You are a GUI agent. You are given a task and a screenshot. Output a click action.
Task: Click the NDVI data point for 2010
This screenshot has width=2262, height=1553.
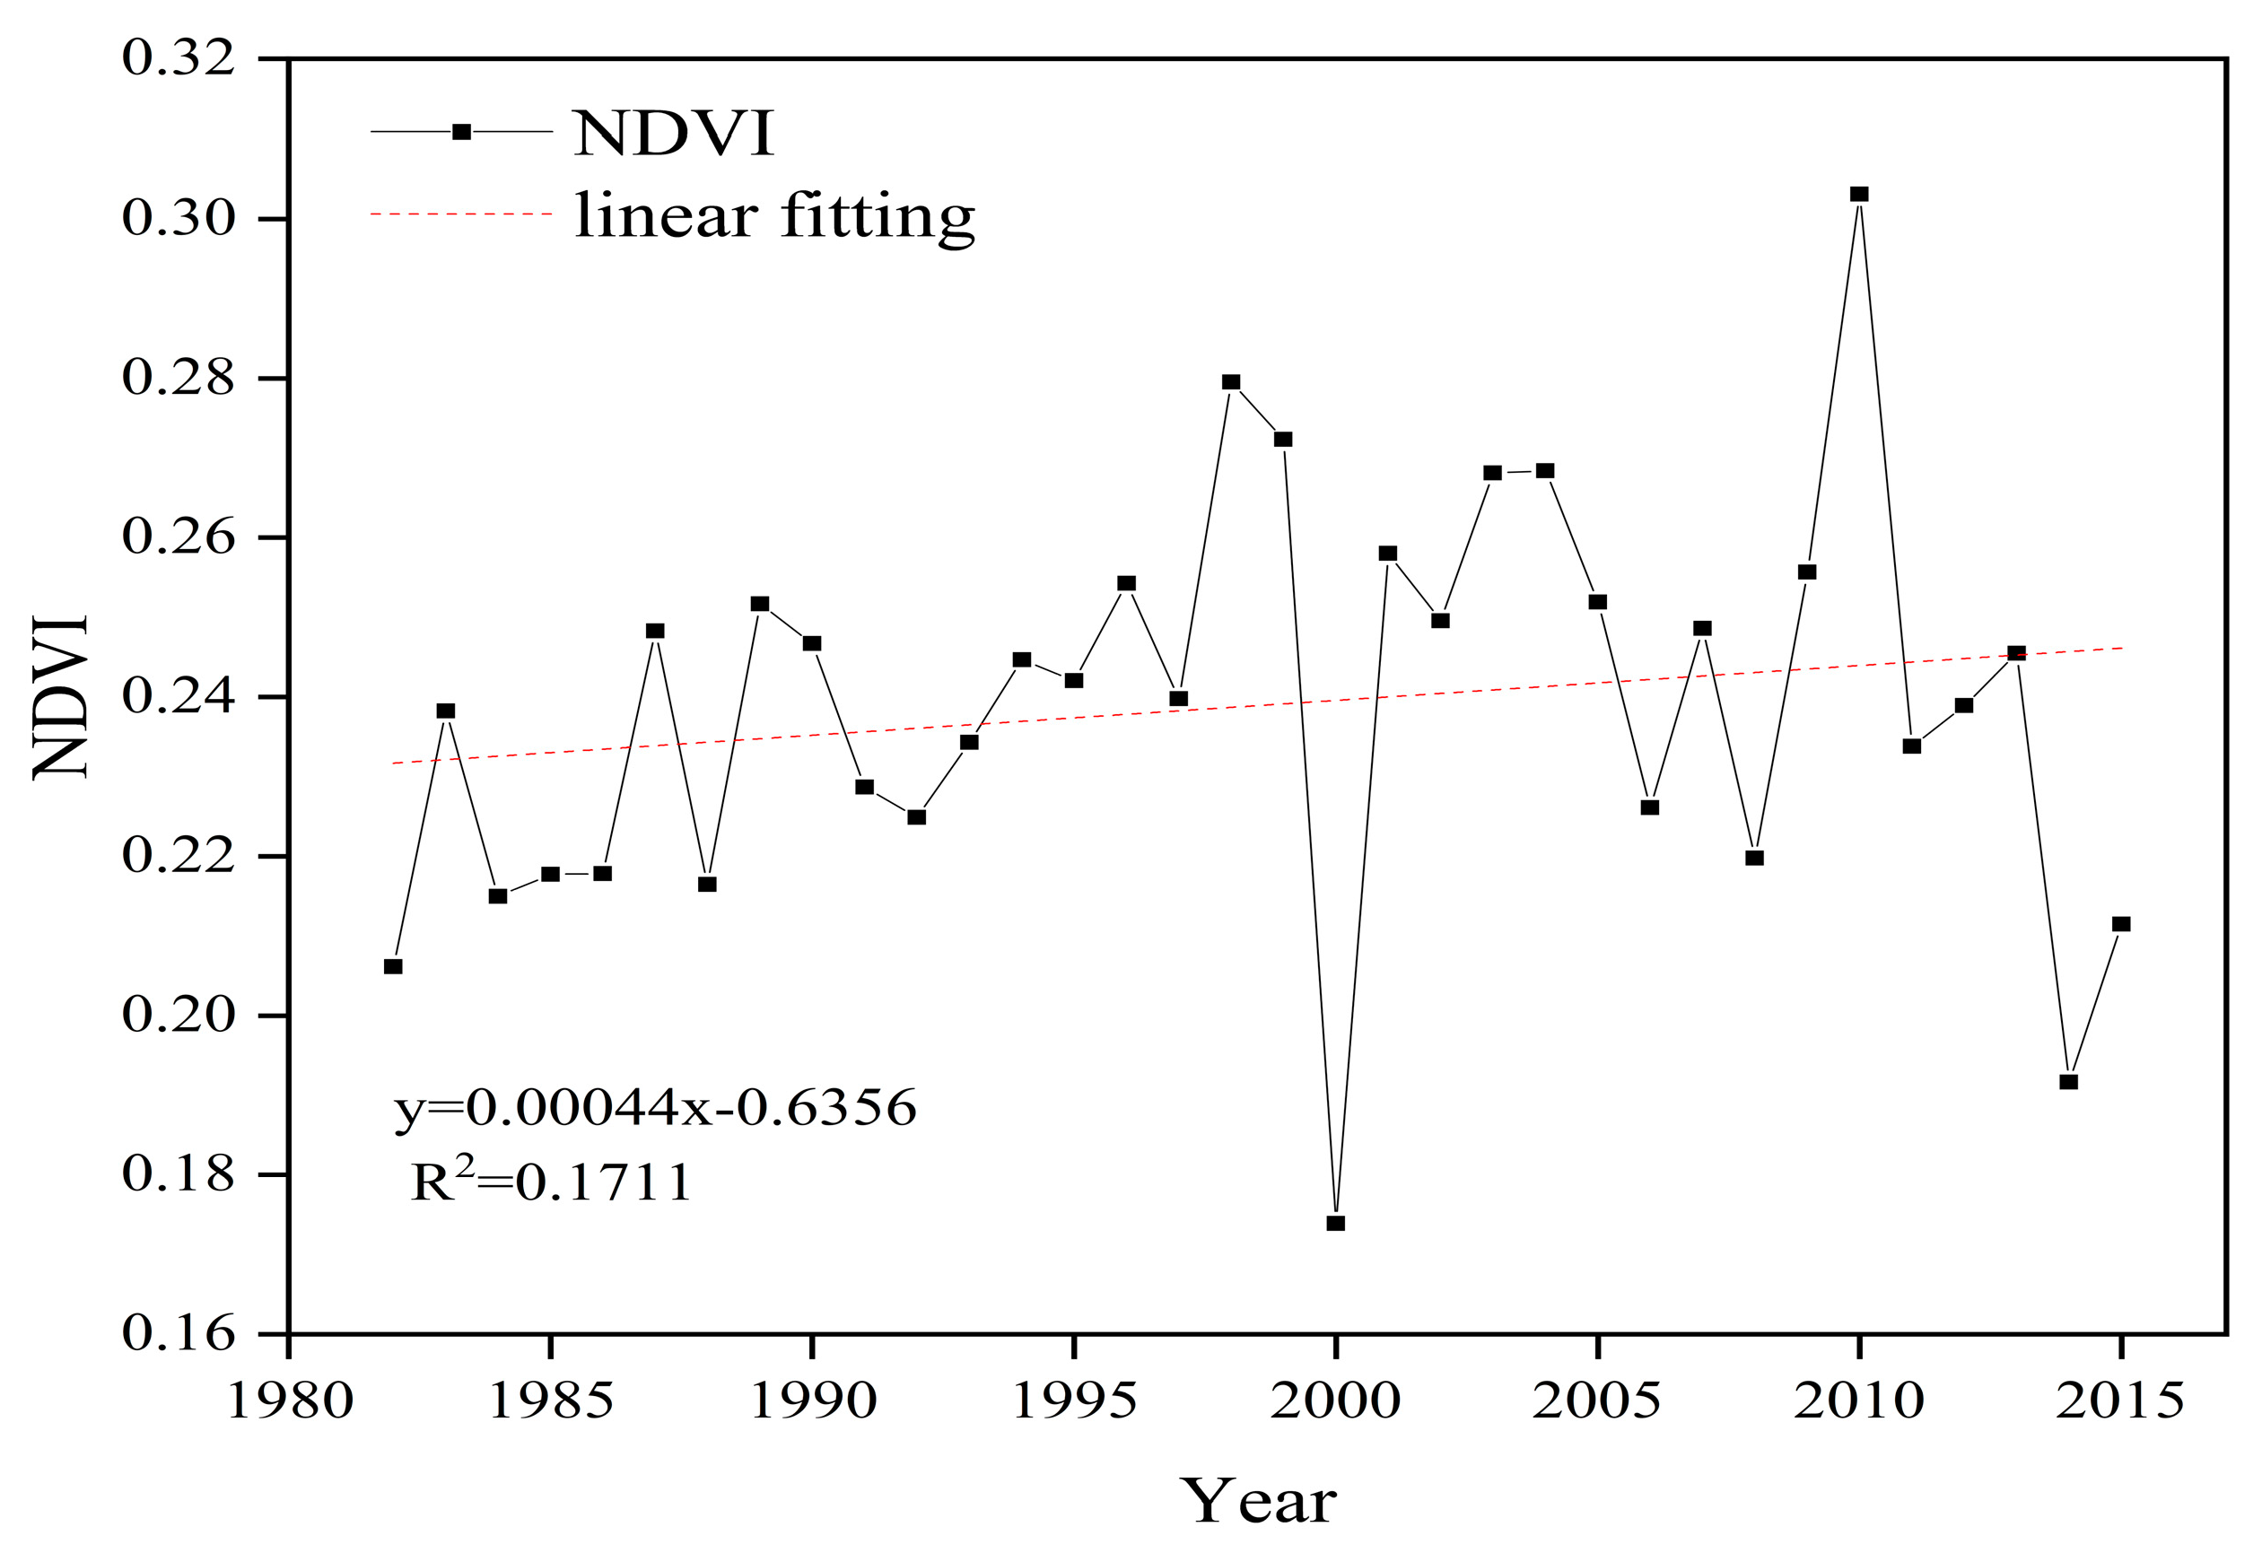pos(1859,195)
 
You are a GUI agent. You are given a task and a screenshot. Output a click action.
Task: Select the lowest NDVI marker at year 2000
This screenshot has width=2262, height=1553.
pos(1335,1223)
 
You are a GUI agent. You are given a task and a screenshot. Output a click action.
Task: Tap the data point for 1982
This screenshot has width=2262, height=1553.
pos(393,966)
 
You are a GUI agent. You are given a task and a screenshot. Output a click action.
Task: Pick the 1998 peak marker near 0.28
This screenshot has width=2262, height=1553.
pos(1231,382)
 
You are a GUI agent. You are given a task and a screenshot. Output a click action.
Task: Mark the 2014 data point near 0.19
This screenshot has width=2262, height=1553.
pos(2069,1082)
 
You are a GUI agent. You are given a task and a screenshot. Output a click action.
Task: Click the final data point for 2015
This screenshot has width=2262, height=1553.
pos(2122,923)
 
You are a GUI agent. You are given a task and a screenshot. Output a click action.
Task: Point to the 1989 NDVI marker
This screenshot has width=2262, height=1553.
pos(760,605)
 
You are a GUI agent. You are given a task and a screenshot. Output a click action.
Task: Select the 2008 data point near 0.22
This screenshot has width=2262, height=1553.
pos(1755,858)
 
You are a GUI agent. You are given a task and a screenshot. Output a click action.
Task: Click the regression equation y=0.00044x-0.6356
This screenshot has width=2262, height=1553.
pos(655,1108)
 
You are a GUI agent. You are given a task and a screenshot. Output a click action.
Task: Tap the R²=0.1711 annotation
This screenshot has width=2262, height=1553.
pos(551,1182)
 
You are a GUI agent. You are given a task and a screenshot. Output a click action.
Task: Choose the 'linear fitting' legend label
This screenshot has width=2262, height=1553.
pos(773,216)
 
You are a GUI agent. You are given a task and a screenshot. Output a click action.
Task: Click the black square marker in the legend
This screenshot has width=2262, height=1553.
pos(462,131)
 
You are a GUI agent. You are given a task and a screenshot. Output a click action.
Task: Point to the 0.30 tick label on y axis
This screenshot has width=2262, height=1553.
pos(179,218)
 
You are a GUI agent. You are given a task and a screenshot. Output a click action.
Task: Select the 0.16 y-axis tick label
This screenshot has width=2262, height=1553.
pos(179,1333)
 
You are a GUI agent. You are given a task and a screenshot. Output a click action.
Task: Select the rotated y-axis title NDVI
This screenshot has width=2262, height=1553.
pos(60,697)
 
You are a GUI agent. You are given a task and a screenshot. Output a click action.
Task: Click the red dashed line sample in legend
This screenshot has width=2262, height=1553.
pos(462,214)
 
